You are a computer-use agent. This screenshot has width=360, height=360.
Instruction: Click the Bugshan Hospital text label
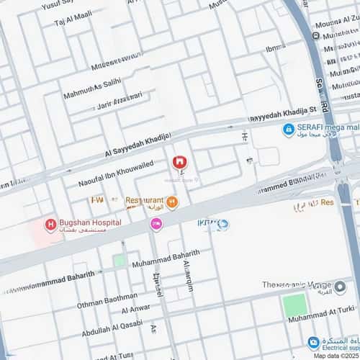click(91, 222)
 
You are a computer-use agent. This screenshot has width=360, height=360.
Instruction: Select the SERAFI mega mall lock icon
click(287, 130)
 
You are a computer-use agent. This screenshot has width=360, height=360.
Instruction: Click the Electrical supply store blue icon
click(313, 342)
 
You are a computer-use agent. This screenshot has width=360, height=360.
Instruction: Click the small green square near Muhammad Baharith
click(119, 261)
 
